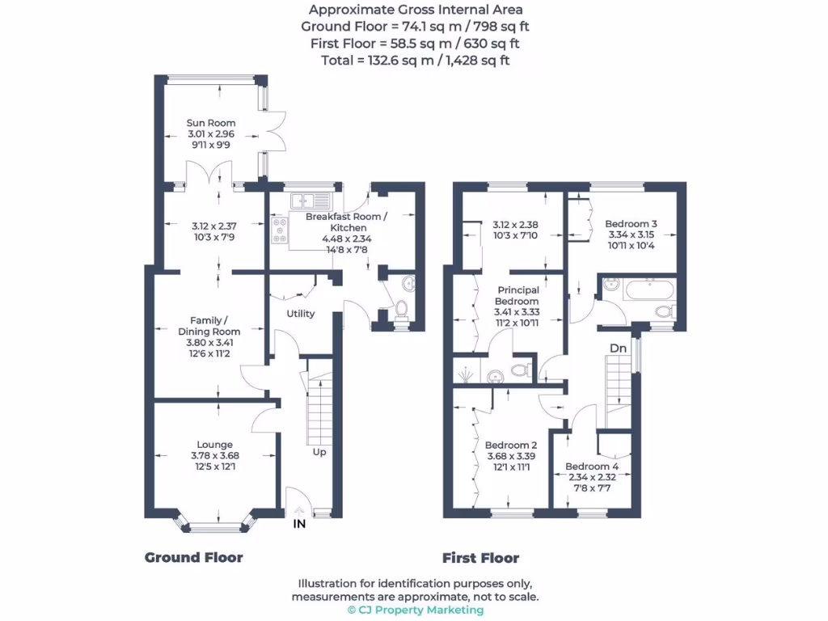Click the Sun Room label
[211, 124]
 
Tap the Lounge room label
[214, 444]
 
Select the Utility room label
[300, 314]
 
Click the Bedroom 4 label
[591, 467]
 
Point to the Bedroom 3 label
[632, 223]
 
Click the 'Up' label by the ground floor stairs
[319, 452]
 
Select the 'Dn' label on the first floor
[618, 348]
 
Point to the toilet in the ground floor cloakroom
[401, 310]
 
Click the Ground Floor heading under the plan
[193, 557]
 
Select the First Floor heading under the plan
[480, 557]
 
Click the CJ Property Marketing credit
[415, 610]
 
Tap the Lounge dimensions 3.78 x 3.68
[214, 455]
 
